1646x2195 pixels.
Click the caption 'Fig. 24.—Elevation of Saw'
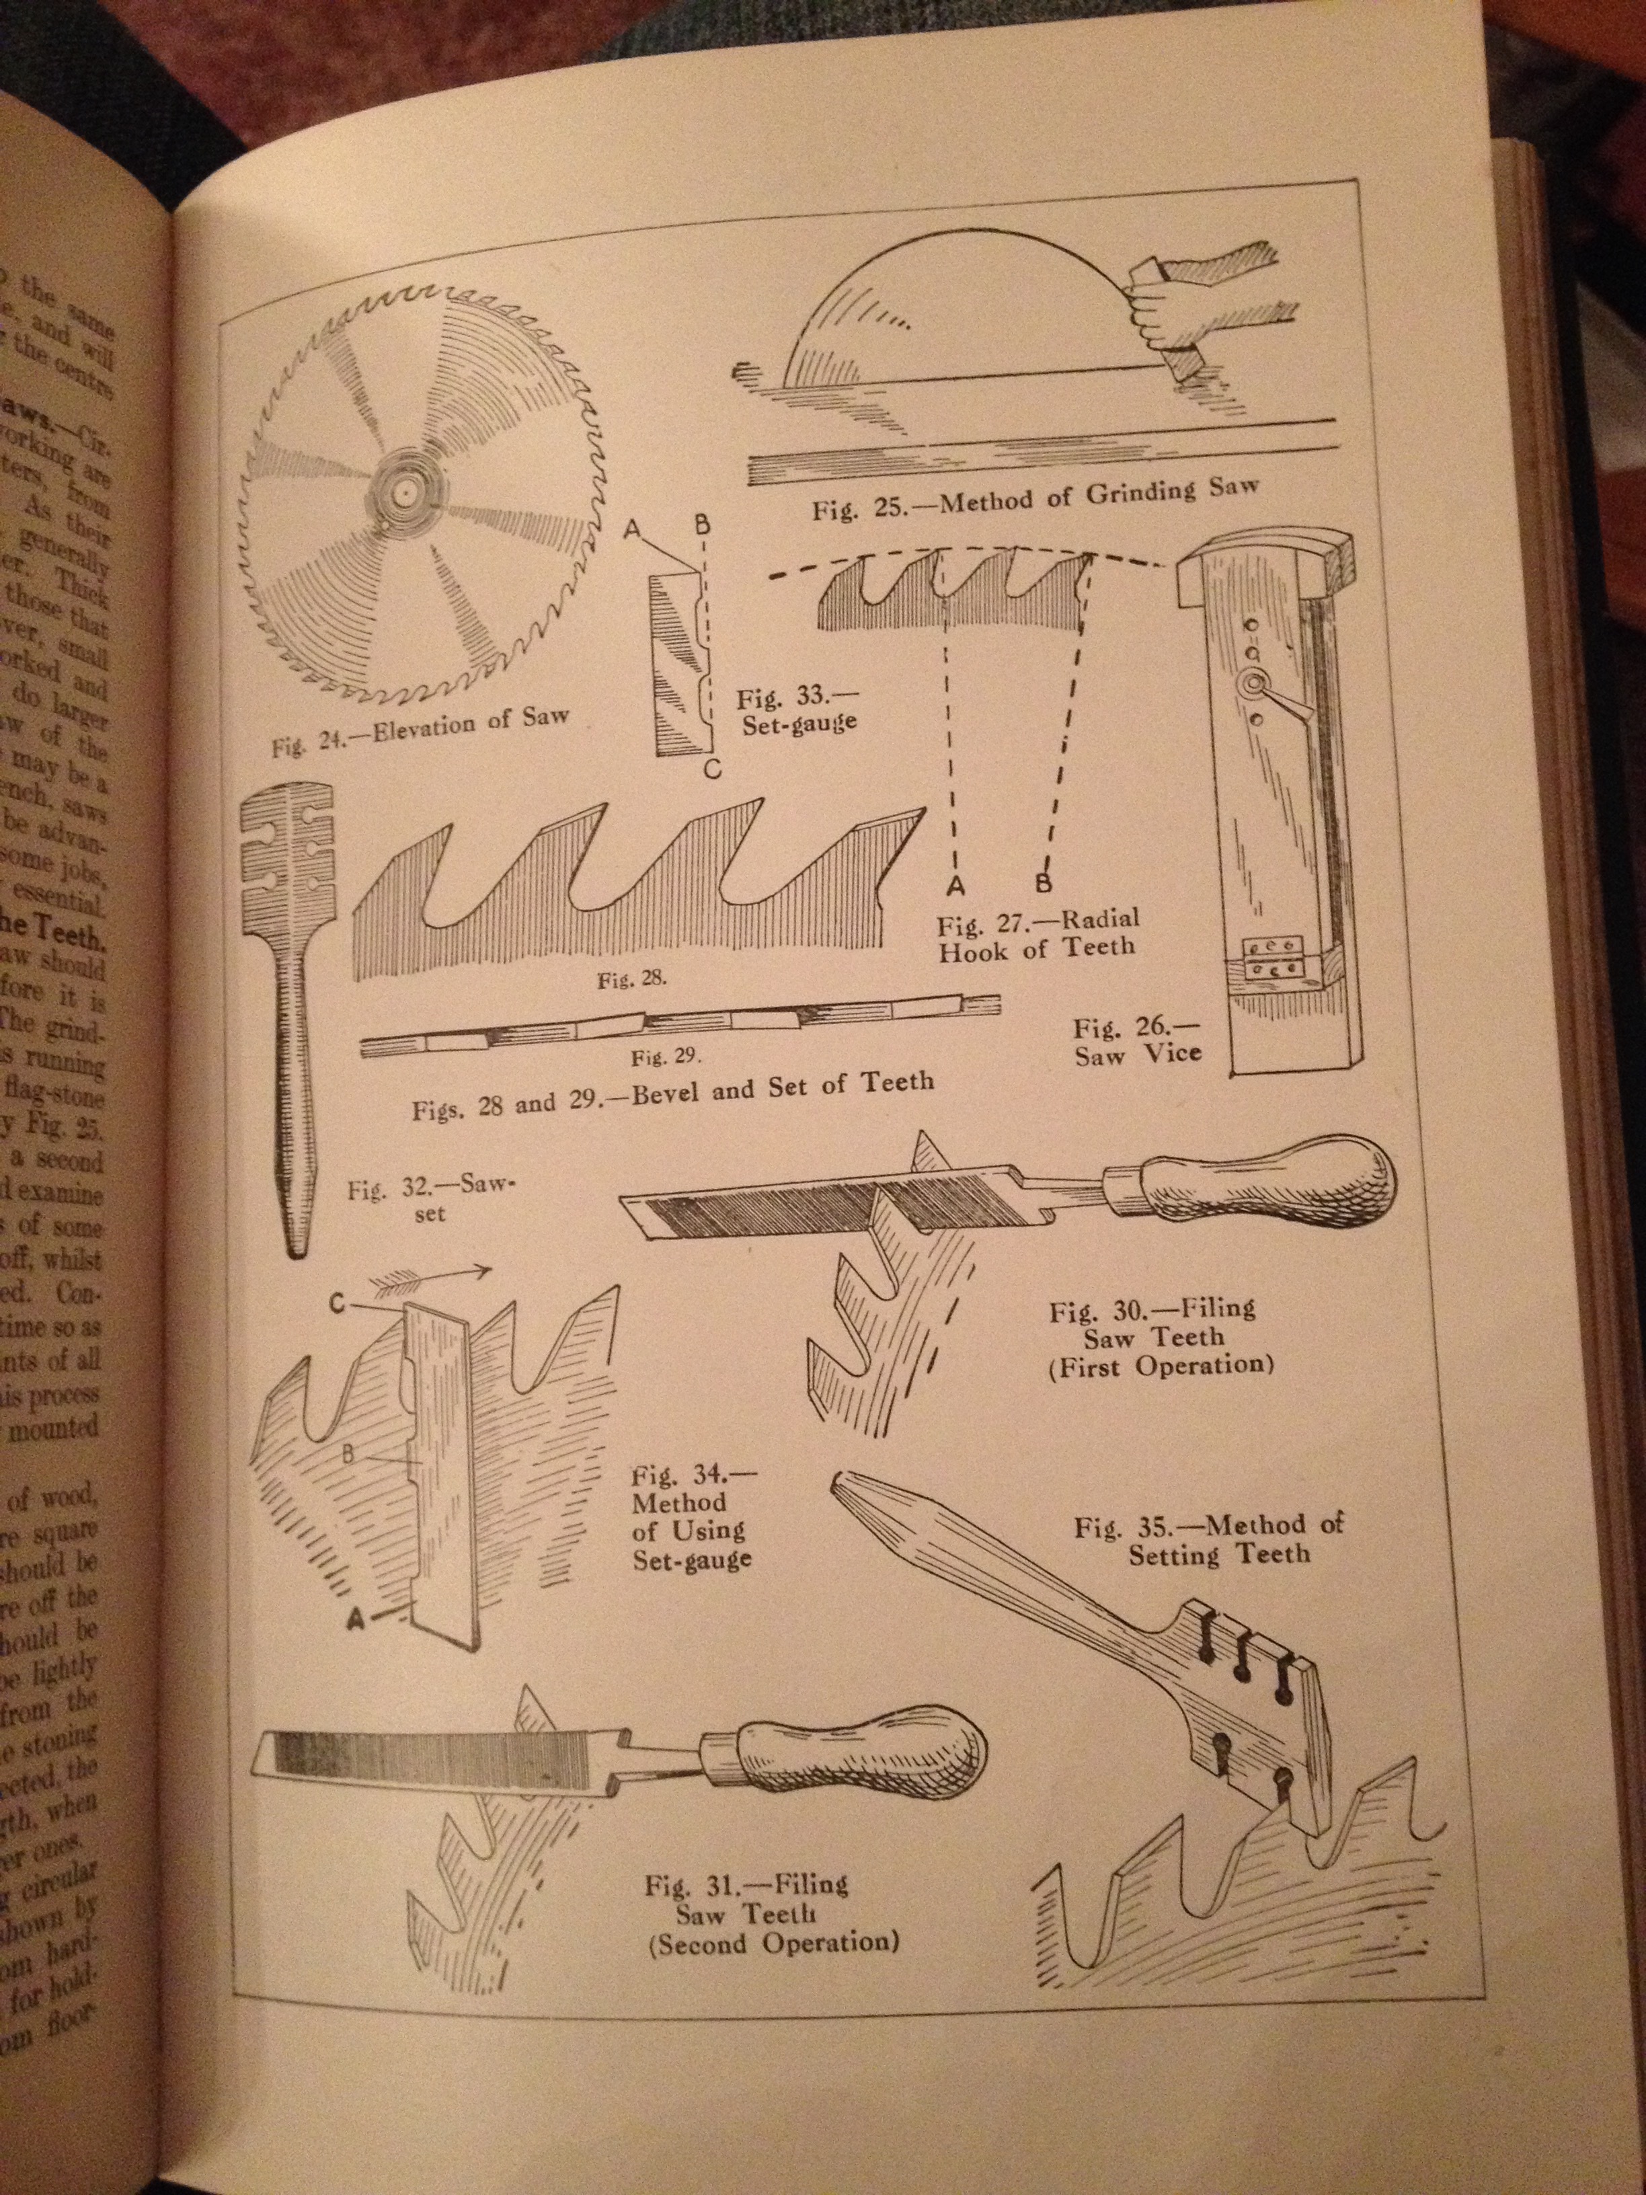point(422,732)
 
